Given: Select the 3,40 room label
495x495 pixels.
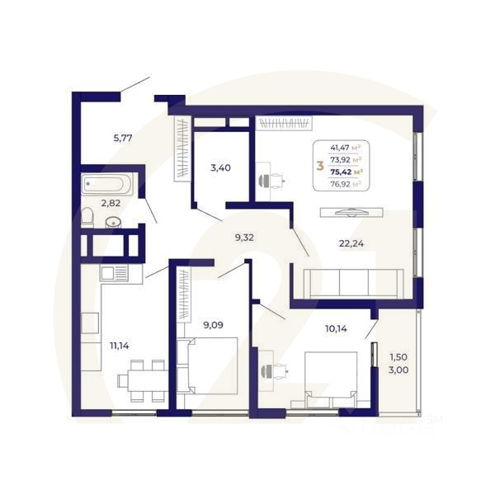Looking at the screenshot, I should click(220, 168).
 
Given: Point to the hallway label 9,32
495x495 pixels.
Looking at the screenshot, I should click(245, 237).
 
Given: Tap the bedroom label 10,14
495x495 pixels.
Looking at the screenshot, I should click(337, 328).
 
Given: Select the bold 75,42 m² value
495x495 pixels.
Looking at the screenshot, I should click(346, 172).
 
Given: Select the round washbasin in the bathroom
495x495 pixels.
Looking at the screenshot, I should click(114, 221).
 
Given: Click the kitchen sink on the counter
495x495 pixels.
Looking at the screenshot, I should click(114, 273).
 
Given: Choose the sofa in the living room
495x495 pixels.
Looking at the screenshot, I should click(353, 283).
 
